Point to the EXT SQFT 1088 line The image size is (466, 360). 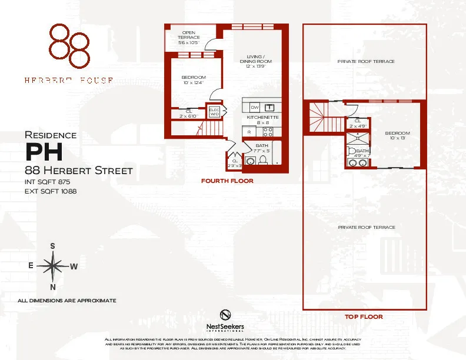coord(51,191)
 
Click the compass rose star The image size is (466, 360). coord(53,266)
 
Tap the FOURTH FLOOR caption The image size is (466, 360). coord(227,181)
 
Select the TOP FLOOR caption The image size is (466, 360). coord(363,316)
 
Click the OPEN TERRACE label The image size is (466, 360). coord(189,38)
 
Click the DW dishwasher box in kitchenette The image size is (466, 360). coord(255,108)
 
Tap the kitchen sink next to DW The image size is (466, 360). coord(269,108)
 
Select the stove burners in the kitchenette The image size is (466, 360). coord(267,132)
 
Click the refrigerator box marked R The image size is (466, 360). coord(249,132)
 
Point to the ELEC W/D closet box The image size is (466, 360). coord(214,112)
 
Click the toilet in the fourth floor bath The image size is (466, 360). coord(250,161)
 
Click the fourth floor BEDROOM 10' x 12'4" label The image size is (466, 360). coord(193,80)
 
